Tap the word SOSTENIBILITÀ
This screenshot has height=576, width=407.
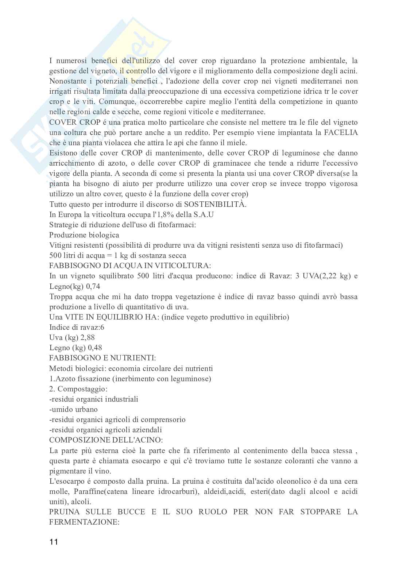[x=215, y=204]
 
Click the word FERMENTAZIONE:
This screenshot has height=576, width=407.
[x=85, y=522]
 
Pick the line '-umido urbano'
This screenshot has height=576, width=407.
[x=73, y=409]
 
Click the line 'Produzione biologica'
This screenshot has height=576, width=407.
[x=84, y=235]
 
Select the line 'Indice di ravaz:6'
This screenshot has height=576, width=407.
[x=77, y=327]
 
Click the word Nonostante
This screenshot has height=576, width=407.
[x=68, y=81]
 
